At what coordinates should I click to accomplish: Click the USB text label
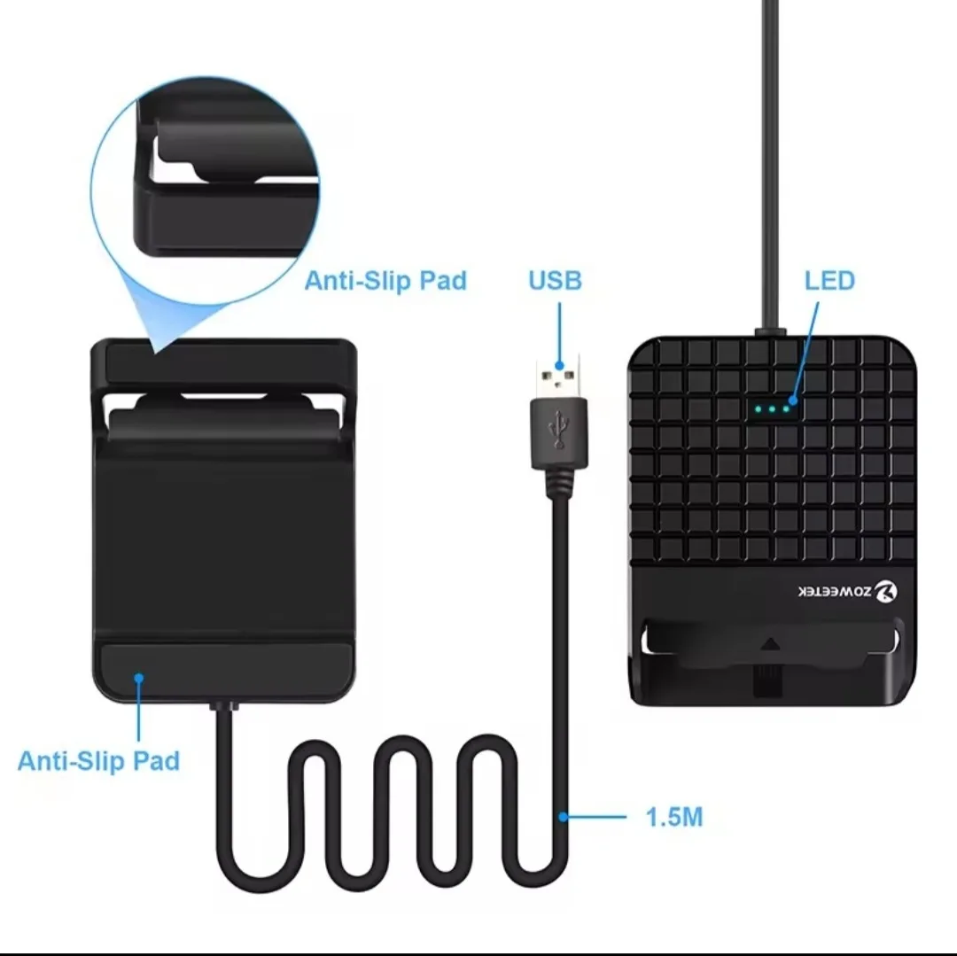[555, 281]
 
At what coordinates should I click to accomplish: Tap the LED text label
[829, 281]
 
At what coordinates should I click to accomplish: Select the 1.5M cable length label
[673, 817]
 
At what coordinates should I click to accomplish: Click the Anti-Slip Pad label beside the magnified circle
[385, 281]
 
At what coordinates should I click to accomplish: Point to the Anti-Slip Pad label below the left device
[99, 761]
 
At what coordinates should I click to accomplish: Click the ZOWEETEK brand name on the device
[835, 591]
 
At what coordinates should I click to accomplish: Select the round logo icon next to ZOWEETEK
[885, 591]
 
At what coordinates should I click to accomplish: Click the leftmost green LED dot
[758, 409]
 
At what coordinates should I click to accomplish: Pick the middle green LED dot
[772, 409]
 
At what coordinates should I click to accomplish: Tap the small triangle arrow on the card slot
[770, 643]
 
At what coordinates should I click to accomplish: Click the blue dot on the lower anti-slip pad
[139, 678]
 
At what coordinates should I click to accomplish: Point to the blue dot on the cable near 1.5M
[563, 816]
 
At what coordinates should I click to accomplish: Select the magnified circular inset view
[205, 190]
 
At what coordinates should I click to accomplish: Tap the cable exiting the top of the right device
[770, 165]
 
